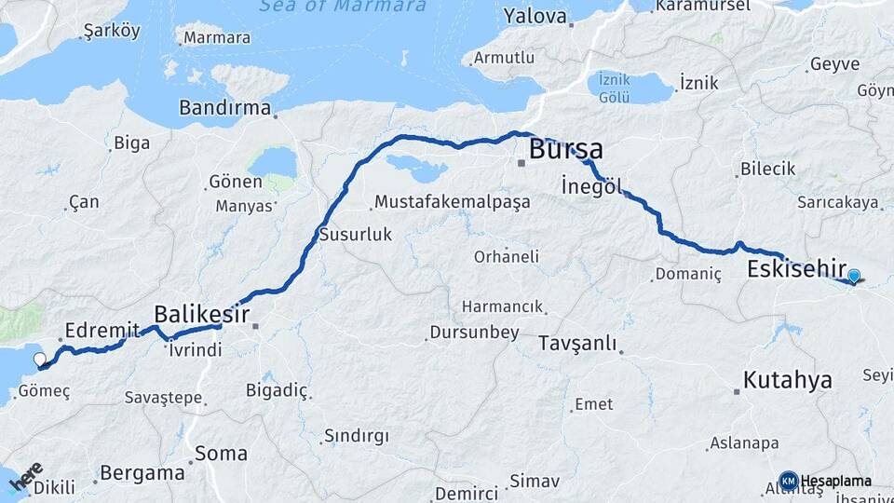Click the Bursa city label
(x=565, y=149)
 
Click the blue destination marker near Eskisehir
(x=853, y=276)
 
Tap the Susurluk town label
(x=355, y=235)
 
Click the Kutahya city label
(x=787, y=380)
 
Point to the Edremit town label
(x=102, y=330)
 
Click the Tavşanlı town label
(x=577, y=344)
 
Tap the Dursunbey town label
(x=474, y=333)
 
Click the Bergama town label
(x=142, y=472)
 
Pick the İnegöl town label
(x=591, y=184)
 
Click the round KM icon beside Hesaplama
(x=789, y=481)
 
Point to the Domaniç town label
(x=688, y=274)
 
